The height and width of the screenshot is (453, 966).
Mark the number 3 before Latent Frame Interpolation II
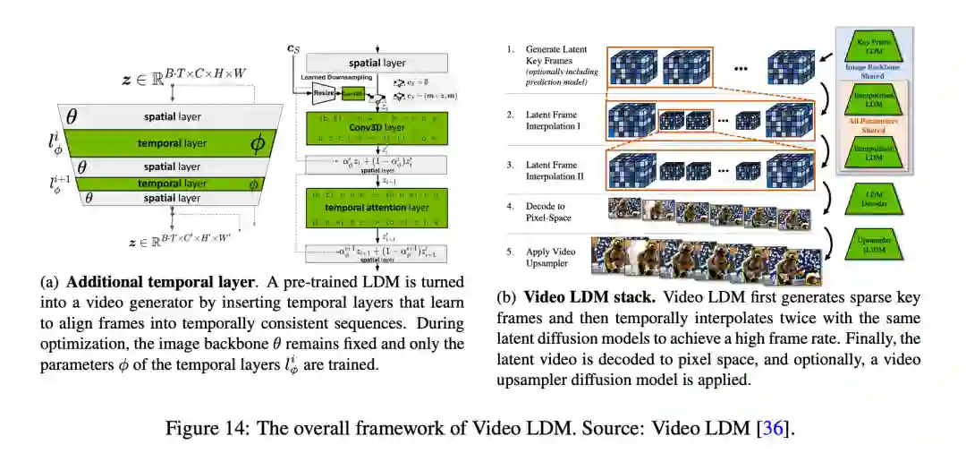point(510,165)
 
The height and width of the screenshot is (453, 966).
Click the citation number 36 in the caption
point(771,428)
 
